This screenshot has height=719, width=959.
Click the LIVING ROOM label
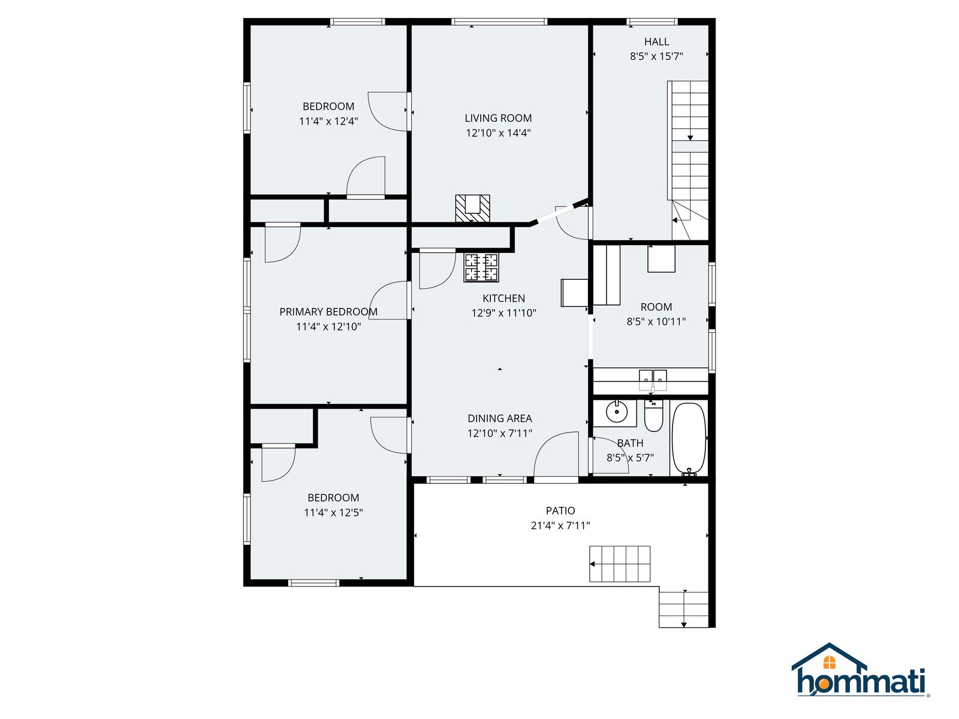[498, 118]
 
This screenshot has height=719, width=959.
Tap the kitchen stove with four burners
[481, 268]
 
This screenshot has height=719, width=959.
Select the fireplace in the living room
[472, 209]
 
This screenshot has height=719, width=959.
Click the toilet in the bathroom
[653, 415]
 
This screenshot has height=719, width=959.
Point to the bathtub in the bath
[689, 439]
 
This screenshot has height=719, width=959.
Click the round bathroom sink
[617, 411]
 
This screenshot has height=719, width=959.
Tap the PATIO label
[560, 510]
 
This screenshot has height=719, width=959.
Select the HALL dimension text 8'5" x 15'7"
[656, 56]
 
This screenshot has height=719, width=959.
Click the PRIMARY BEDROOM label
[328, 312]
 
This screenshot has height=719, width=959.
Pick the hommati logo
[860, 671]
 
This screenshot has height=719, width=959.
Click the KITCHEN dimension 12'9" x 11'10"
[503, 313]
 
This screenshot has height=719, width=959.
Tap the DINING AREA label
[499, 418]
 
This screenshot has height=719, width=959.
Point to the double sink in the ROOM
[653, 380]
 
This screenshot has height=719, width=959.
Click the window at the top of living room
[499, 22]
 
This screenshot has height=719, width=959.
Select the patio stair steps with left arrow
[620, 564]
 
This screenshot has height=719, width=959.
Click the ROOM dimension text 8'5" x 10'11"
[656, 322]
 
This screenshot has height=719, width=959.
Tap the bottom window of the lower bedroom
[313, 583]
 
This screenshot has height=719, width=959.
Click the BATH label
[630, 443]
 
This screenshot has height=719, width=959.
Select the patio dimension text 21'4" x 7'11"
[560, 525]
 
